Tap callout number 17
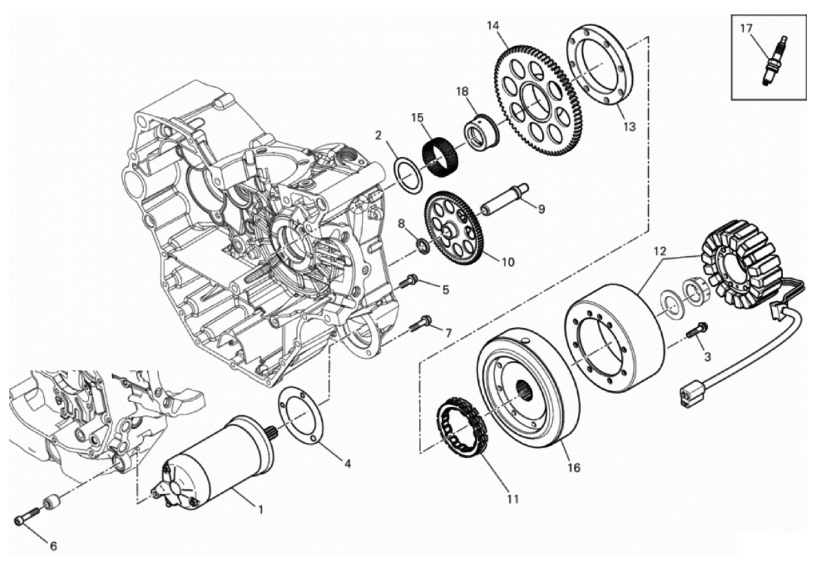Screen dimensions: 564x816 [x=747, y=28]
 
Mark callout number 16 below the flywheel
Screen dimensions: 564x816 [x=573, y=467]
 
